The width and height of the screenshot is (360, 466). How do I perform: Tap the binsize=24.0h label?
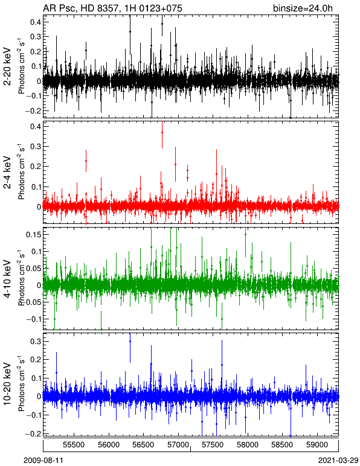303,8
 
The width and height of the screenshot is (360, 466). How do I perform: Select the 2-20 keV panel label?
7,66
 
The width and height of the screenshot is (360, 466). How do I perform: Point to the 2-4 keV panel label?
7,173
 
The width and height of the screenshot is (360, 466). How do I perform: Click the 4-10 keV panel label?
7,279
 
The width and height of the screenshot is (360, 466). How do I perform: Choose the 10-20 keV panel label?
7,384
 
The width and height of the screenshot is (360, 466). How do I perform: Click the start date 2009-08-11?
43,461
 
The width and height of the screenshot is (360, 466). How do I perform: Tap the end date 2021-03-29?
338,461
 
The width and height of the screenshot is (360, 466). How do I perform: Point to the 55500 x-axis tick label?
74,445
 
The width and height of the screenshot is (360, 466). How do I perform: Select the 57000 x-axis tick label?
178,445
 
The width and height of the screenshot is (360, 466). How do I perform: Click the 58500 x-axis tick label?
282,445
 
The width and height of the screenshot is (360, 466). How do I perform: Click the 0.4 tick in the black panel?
36,22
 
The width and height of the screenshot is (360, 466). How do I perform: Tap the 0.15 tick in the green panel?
33,234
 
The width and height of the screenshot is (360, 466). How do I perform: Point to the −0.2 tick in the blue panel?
33,433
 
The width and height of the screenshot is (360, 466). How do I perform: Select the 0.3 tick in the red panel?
36,146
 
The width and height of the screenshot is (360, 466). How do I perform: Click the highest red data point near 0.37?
162,133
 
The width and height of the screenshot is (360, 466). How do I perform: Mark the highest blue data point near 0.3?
130,342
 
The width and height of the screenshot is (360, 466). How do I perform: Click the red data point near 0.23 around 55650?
86,161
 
